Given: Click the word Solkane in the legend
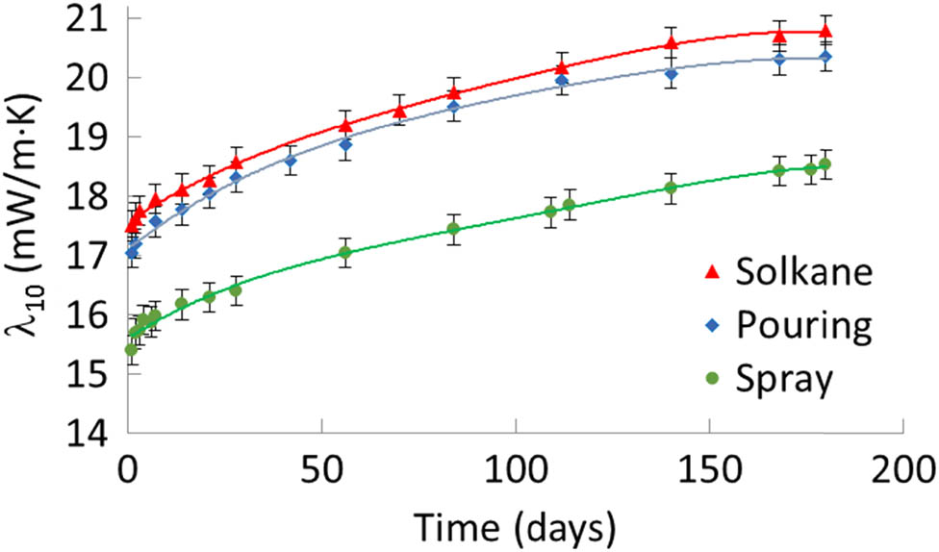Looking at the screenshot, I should coord(804,272).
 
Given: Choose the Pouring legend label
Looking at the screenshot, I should coord(804,326).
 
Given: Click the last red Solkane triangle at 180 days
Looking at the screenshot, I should coord(825,33).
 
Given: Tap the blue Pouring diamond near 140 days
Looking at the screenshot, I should coord(672,74).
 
